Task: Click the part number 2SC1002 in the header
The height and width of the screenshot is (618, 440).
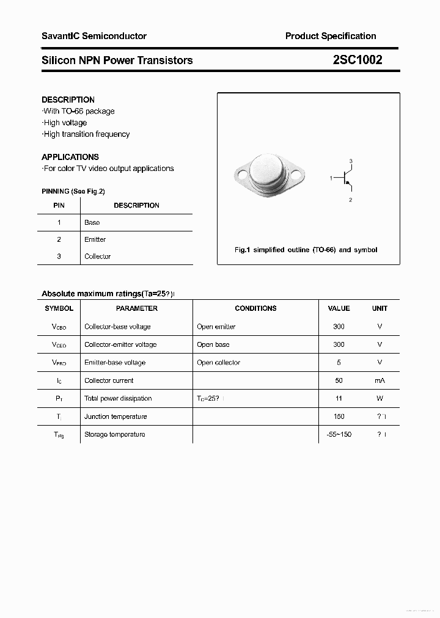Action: tap(358, 60)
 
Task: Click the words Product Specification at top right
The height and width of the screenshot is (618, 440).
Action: tap(331, 36)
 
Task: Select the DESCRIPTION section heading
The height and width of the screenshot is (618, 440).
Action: tap(68, 100)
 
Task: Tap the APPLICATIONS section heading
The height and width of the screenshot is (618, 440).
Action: tap(70, 157)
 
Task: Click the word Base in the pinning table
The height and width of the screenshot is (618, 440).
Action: tap(92, 223)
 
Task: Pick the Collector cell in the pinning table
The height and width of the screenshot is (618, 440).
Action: tap(97, 256)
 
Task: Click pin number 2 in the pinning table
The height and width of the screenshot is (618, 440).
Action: tap(59, 240)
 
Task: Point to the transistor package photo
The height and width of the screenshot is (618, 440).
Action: tap(268, 175)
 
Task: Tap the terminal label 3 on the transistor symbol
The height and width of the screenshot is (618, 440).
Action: tap(351, 161)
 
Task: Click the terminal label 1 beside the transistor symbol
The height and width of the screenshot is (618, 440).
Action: tap(331, 178)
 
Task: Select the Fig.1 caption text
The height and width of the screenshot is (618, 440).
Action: tap(306, 250)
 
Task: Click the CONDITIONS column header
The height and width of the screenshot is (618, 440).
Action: tap(255, 308)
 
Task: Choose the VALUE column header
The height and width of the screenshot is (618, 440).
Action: tap(339, 308)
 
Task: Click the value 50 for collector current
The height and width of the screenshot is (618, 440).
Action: tap(339, 380)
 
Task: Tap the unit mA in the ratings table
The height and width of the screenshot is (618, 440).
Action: tap(380, 380)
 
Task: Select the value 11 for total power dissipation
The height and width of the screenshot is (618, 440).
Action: tap(339, 398)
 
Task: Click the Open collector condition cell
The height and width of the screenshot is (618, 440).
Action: tap(218, 363)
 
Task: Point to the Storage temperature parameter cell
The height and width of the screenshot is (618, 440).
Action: tap(114, 434)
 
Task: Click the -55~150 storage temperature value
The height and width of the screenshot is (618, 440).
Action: tap(339, 434)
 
